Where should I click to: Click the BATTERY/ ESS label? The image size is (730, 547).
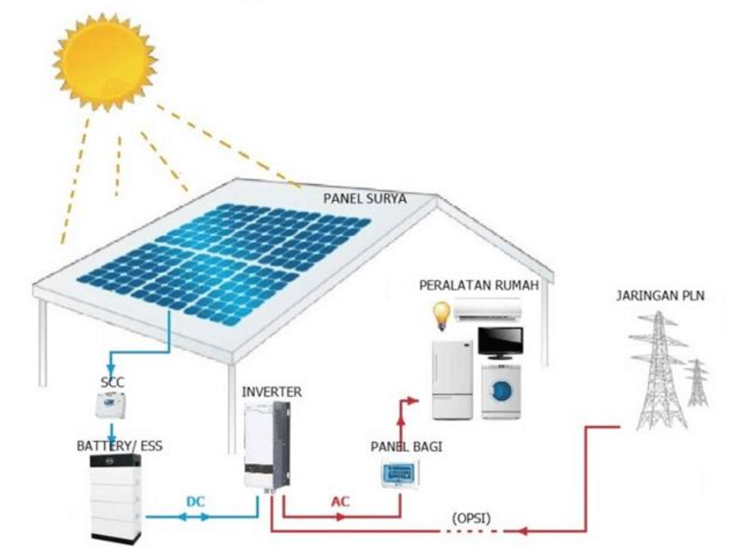tap(120, 447)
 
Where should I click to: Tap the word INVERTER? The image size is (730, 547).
tap(272, 391)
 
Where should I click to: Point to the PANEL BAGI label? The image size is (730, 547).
tap(406, 447)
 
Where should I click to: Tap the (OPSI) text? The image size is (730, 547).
tap(472, 519)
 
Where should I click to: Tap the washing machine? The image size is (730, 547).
tap(502, 392)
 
